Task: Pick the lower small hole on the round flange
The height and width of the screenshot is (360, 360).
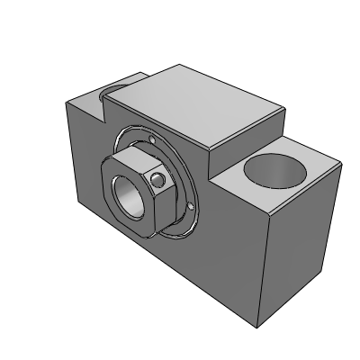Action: click(x=190, y=207)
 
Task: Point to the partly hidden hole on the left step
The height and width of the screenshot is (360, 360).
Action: click(x=116, y=87)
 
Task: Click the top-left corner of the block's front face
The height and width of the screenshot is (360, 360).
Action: click(x=64, y=102)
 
